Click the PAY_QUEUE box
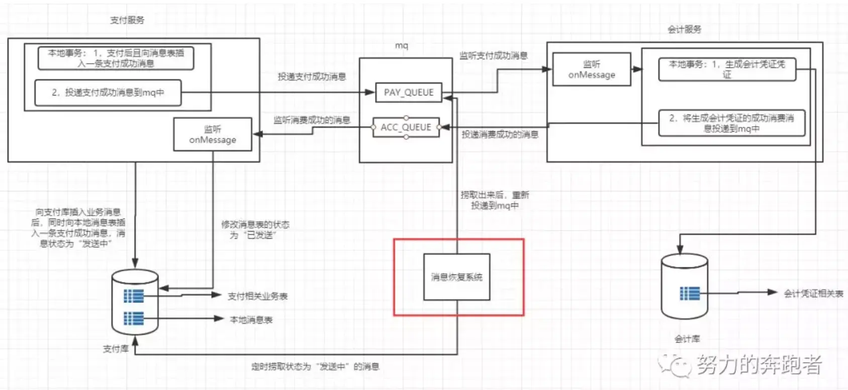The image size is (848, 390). (409, 92)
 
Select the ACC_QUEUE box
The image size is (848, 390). (406, 128)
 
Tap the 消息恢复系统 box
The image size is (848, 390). (456, 277)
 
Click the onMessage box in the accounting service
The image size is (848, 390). (592, 69)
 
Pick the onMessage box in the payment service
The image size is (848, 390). (213, 134)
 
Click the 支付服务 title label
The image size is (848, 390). (127, 20)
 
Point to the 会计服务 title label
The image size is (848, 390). (684, 30)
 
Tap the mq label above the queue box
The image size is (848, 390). (401, 46)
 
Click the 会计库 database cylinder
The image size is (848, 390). (684, 286)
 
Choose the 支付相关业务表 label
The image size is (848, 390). (257, 296)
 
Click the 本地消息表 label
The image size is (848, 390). (251, 320)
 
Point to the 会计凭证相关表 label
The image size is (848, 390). (813, 294)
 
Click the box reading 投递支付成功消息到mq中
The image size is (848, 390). (108, 92)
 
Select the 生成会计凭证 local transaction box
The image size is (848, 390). (727, 69)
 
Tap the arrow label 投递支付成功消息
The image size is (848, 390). (312, 76)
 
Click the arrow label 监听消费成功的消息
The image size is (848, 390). (312, 120)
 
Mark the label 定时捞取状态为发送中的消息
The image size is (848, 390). (315, 367)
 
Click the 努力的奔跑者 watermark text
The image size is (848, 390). (759, 365)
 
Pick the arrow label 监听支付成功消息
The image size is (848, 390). (493, 56)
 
